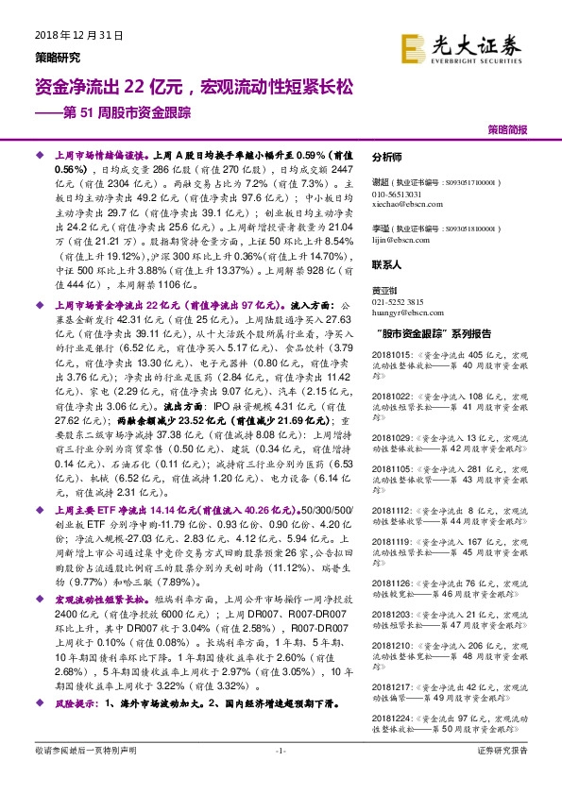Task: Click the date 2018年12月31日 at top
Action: click(79, 35)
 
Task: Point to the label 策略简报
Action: click(507, 129)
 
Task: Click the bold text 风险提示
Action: click(76, 704)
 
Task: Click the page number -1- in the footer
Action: click(280, 751)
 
